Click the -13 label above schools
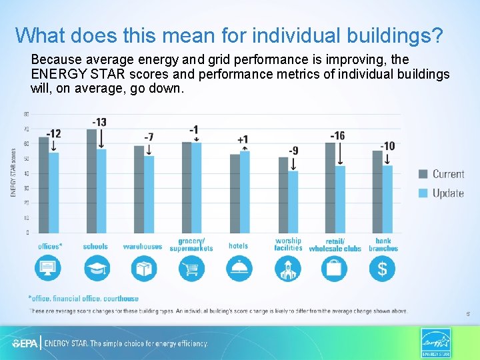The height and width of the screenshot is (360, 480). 99,122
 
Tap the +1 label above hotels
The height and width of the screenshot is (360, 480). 243,139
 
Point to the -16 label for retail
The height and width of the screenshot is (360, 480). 337,136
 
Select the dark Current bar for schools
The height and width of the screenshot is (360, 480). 91,181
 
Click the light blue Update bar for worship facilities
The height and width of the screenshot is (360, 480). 293,201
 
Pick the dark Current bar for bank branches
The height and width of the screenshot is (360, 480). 377,191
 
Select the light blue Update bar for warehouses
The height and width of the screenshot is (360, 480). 149,194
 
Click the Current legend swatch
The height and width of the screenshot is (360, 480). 423,174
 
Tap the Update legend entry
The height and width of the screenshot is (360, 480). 447,193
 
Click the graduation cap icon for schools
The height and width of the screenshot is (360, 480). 97,269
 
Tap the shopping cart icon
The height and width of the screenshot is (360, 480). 192,269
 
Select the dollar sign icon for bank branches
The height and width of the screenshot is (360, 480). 382,269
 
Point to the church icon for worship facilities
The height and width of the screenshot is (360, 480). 287,269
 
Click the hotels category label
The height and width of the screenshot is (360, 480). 238,246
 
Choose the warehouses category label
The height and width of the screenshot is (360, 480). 142,247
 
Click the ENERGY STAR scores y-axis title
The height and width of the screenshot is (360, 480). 13,171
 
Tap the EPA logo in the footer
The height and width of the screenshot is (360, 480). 25,344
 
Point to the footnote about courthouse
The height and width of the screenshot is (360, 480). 83,299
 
